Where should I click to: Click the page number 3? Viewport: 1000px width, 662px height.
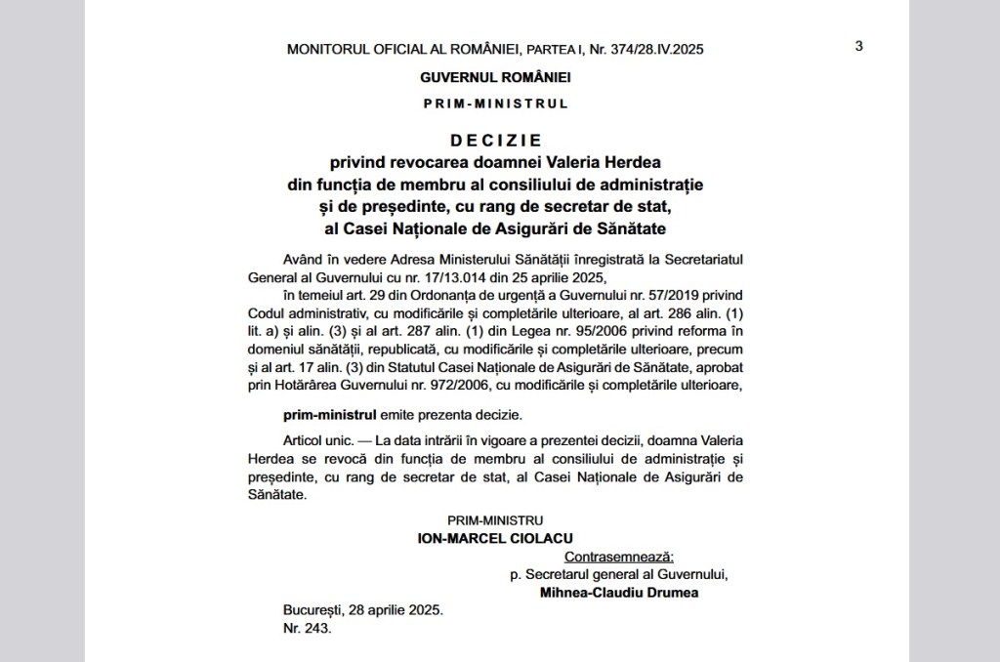click(858, 46)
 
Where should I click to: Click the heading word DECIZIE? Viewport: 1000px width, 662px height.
click(495, 140)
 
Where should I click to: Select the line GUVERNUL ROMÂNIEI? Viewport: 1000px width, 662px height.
click(495, 76)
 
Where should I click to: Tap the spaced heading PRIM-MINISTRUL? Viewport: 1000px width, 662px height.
click(495, 103)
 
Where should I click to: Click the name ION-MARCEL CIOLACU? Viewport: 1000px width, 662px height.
click(495, 538)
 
